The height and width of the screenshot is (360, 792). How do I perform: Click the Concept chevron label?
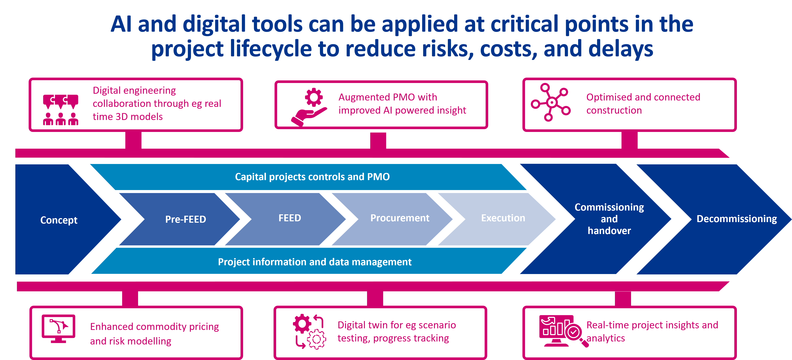59,220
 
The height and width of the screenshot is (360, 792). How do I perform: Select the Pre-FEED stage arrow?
185,219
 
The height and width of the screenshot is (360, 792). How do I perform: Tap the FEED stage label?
290,218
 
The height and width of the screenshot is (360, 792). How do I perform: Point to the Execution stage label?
503,218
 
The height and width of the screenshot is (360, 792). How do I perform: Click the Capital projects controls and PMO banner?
312,177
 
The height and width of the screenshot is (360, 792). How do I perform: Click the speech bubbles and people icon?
60,110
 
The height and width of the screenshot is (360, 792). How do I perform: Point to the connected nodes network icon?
551,102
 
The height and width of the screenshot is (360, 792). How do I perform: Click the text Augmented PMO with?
388,97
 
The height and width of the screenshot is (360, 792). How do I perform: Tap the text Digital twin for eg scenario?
397,325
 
